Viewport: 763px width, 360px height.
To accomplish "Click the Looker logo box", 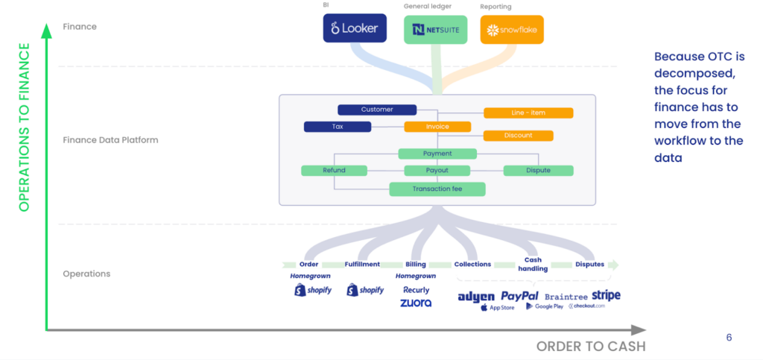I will (355, 29).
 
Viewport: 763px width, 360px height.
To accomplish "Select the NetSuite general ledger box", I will (436, 30).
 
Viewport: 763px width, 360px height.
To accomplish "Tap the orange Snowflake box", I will (512, 30).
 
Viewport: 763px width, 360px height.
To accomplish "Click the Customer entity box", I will (376, 110).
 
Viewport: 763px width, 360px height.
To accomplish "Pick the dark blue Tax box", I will (337, 127).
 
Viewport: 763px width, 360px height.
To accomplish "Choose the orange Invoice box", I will (437, 127).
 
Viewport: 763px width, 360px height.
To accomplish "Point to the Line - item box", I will (528, 113).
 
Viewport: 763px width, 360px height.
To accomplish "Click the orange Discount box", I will (518, 136).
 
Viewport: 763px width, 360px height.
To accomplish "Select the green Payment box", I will (437, 154).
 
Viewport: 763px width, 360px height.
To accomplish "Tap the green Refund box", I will (334, 171).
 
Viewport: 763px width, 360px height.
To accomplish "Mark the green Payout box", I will (437, 171).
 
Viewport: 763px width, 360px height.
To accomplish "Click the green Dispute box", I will (538, 171).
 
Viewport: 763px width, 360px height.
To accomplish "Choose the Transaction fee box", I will (437, 189).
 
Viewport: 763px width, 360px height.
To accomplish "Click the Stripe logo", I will (606, 295).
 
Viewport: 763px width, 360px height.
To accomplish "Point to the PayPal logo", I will (519, 296).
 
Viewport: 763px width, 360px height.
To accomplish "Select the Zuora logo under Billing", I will (416, 303).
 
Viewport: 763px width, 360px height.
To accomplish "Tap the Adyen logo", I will (476, 297).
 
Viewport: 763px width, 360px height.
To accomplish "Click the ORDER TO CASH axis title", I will (591, 346).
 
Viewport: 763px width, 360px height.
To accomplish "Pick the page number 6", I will (729, 338).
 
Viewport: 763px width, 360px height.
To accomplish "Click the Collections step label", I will (472, 265).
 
